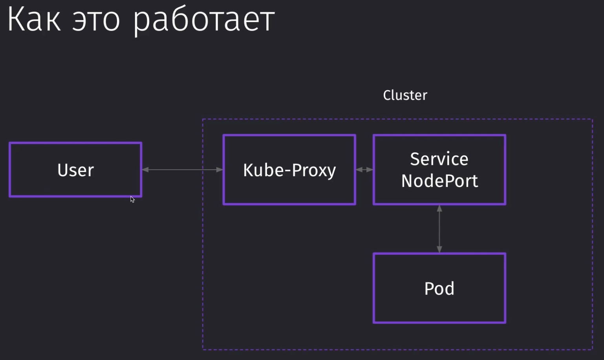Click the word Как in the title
34,19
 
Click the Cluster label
405,95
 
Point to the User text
75,170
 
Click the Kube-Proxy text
289,170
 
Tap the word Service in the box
439,159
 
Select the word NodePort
439,181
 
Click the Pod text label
439,289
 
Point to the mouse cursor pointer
132,199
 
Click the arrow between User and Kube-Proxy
182,170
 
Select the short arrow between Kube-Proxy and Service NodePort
364,170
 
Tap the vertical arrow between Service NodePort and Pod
439,229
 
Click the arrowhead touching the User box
145,170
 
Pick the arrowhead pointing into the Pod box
439,249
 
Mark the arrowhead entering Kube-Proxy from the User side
220,170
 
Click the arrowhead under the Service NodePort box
439,208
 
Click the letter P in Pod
429,289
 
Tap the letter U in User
63,170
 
